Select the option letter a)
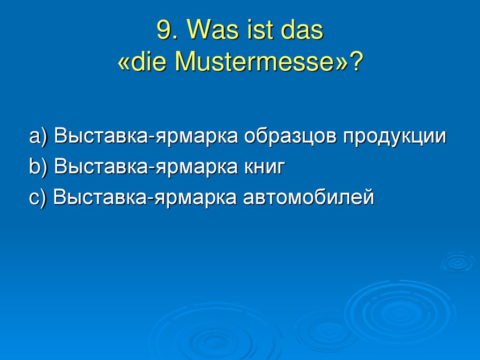click(38, 136)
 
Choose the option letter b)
click(38, 167)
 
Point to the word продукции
click(395, 136)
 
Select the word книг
click(264, 167)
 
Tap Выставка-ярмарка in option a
click(146, 136)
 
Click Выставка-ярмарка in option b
click(146, 167)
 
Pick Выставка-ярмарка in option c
click(145, 197)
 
